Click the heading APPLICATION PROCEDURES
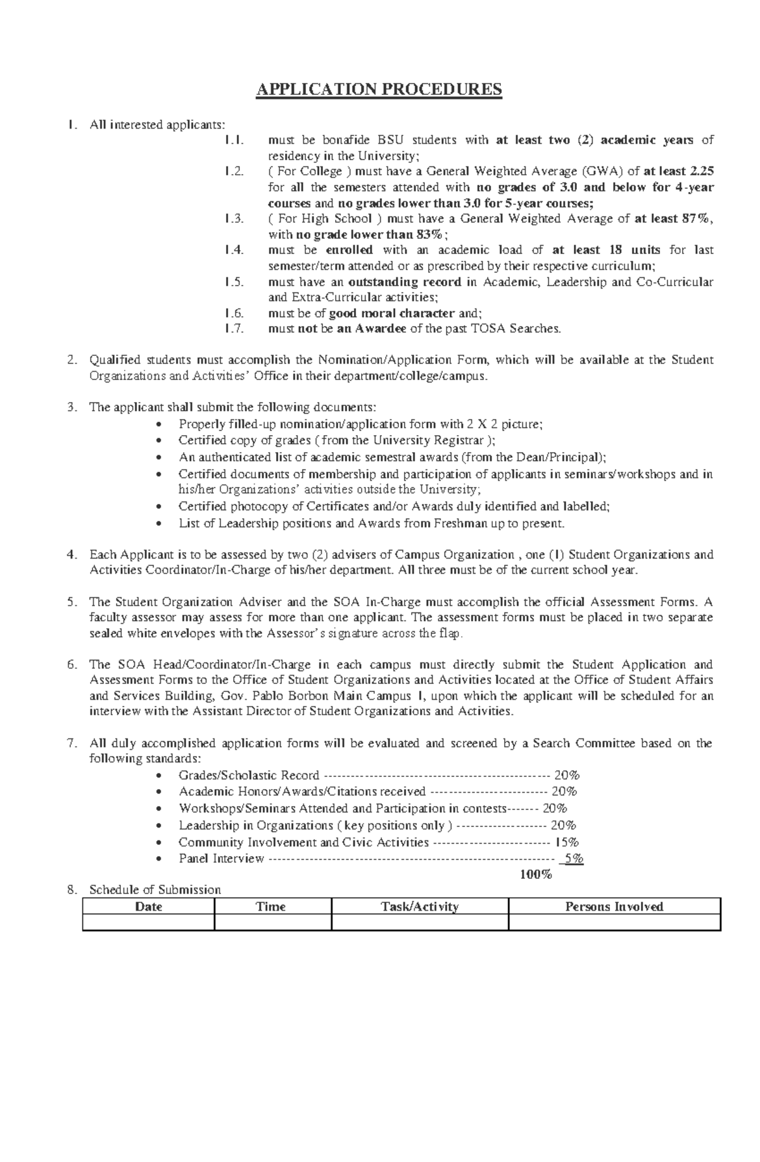click(379, 90)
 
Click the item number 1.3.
click(234, 219)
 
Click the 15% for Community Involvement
click(567, 842)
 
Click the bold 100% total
click(536, 875)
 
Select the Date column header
click(149, 906)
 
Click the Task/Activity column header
click(420, 906)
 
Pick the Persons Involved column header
click(614, 906)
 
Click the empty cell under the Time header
click(272, 922)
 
